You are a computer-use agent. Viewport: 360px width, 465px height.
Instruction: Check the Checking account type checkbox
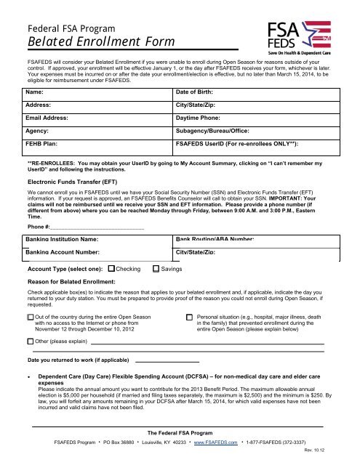[111, 269]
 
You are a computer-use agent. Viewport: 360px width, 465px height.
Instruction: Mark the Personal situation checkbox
[190, 318]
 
